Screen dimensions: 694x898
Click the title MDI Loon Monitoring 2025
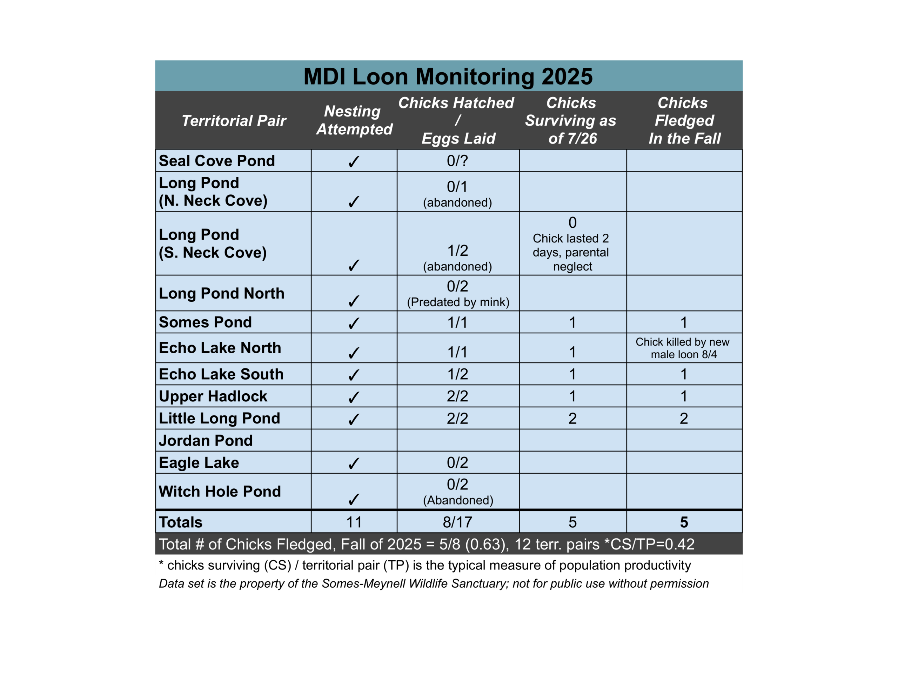(x=448, y=76)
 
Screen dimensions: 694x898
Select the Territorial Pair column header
(x=234, y=121)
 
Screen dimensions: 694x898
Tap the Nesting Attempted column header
(x=354, y=120)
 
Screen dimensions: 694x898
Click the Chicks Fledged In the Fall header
(x=684, y=121)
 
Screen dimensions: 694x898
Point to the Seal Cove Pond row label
(x=217, y=161)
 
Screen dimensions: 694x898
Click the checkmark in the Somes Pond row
(x=354, y=323)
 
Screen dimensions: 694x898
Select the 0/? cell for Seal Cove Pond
(x=457, y=161)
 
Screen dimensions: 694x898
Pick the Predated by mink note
(x=458, y=302)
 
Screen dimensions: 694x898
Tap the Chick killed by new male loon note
(x=683, y=348)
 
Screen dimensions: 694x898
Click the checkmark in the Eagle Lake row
(x=354, y=463)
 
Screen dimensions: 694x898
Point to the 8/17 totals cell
(x=457, y=522)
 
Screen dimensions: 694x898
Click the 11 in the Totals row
(x=354, y=522)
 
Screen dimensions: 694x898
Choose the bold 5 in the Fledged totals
(x=684, y=522)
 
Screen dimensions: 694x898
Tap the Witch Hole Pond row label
(x=220, y=492)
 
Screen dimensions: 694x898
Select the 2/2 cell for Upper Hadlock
(x=457, y=396)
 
